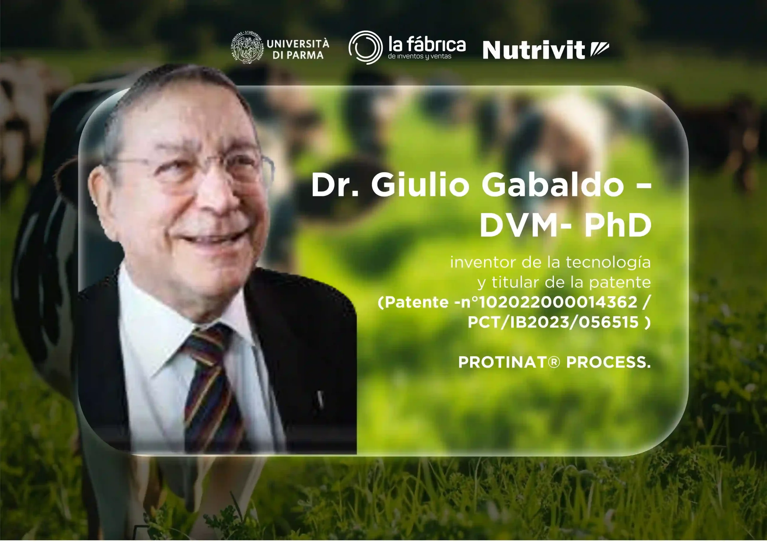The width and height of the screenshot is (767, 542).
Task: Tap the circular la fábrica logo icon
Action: tap(366, 47)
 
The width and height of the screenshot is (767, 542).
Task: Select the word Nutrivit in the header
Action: tap(534, 50)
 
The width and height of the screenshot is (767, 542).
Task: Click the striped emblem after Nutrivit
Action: tap(599, 49)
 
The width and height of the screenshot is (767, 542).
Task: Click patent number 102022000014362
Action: tap(558, 302)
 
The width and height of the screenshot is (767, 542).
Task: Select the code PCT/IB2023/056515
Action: tap(553, 322)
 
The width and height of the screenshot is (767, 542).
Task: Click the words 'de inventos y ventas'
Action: tap(419, 56)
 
